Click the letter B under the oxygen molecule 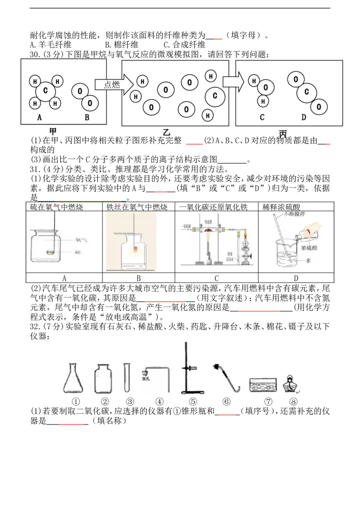click(87, 117)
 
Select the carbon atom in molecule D click(307, 92)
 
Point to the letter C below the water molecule click(262, 117)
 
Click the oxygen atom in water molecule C click(266, 87)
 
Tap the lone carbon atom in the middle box click(215, 96)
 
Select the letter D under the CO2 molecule click(304, 117)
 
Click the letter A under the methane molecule click(40, 117)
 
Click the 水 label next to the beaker click(308, 259)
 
